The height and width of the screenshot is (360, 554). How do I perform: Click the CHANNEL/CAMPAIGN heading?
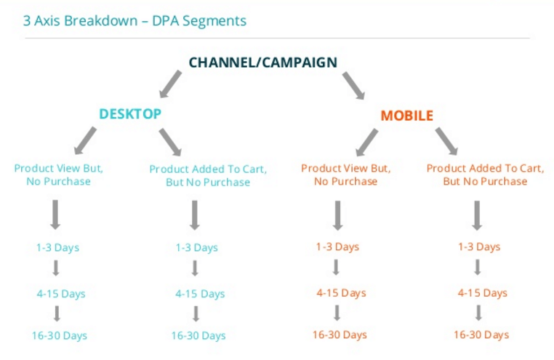262,63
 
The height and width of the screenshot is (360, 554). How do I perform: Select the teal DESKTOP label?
130,114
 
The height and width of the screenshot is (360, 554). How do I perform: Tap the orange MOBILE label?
407,116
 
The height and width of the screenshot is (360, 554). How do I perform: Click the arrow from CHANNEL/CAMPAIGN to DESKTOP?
171,83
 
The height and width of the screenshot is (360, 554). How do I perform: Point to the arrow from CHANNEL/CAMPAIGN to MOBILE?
354,85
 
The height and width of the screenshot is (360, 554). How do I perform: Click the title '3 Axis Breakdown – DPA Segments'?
135,20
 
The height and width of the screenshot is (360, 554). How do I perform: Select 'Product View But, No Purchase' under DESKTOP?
58,175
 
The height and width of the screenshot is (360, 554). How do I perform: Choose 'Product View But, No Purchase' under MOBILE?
345,175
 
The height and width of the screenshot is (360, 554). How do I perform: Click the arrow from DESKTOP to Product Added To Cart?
170,141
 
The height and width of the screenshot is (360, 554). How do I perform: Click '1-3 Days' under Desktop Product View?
57,248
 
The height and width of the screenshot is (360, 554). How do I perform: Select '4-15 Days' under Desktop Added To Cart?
200,294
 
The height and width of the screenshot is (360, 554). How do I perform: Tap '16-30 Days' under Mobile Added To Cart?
481,335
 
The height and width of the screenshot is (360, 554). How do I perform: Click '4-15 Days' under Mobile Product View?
340,292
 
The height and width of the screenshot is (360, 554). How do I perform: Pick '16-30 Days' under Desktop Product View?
59,335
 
